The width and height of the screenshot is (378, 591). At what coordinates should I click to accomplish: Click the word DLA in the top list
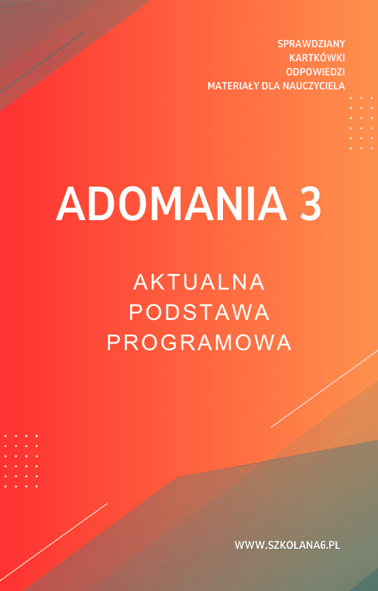pos(270,86)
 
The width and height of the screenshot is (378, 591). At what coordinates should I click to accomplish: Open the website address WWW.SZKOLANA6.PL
pos(287,545)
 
